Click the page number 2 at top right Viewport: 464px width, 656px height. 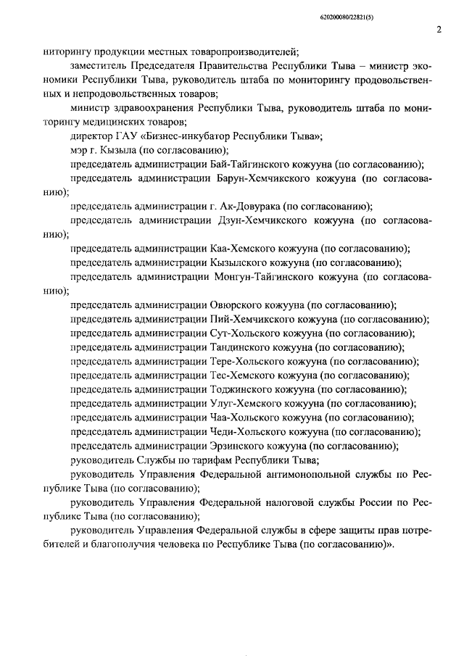pos(439,30)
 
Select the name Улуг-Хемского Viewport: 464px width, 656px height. pos(243,403)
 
